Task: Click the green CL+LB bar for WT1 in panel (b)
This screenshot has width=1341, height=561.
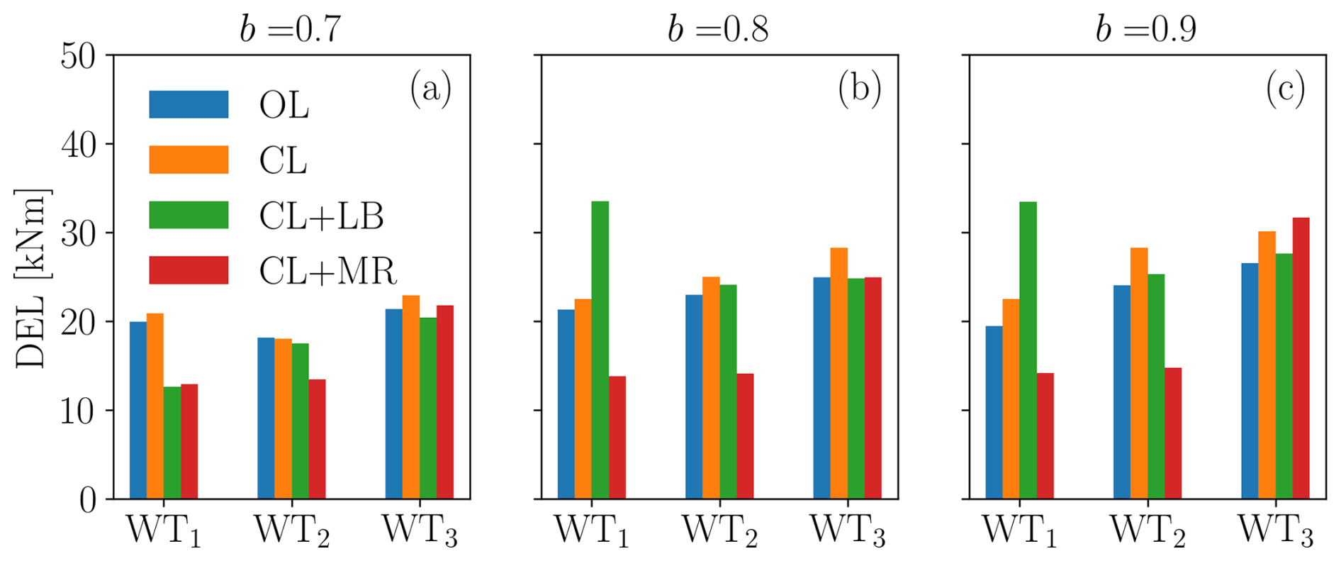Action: tap(600, 350)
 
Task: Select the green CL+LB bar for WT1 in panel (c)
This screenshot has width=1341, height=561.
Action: tap(1028, 350)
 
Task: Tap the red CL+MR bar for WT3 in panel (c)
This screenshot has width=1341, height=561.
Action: tap(1301, 358)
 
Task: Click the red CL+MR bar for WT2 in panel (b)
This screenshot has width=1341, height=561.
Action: tap(745, 436)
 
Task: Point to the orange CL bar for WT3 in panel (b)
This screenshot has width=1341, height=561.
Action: tap(838, 373)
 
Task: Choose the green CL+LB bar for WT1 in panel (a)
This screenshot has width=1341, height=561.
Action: tap(172, 443)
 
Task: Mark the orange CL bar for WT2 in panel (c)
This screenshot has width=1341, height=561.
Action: tap(1139, 373)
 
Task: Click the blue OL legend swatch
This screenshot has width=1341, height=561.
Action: tap(189, 104)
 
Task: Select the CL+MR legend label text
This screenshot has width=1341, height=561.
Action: tap(327, 271)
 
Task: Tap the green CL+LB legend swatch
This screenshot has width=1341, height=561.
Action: tap(189, 215)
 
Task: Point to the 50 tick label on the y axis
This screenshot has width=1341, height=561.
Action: tap(78, 55)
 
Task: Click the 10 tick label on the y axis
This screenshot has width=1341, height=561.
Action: tap(78, 411)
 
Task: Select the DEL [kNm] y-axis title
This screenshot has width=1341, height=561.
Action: tap(30, 278)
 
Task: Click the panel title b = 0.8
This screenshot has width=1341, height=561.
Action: tap(719, 29)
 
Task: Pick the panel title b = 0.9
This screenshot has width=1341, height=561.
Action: tap(1146, 29)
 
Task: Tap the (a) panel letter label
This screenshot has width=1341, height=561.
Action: tap(430, 89)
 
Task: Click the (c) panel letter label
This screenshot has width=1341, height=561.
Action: tap(1285, 89)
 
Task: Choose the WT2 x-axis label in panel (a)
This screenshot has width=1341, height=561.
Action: tap(292, 531)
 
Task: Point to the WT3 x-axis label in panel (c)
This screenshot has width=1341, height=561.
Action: tap(1275, 531)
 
